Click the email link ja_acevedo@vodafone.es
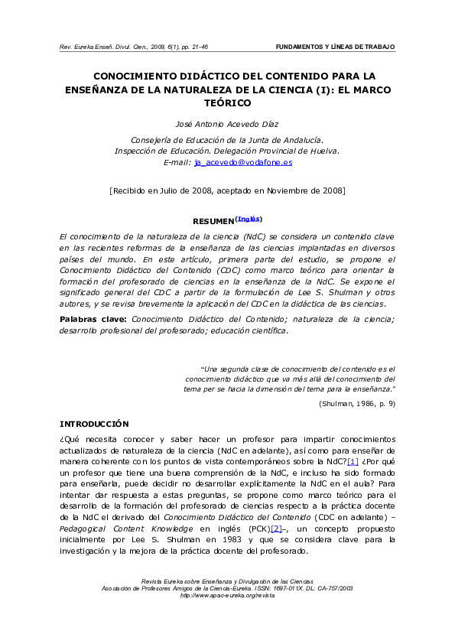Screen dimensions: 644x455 pyautogui.click(x=243, y=163)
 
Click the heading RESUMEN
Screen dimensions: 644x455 pyautogui.click(x=213, y=221)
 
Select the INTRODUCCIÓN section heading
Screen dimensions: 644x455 pyautogui.click(x=94, y=424)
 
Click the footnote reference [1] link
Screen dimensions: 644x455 pyautogui.click(x=353, y=462)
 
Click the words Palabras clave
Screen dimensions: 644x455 pyautogui.click(x=93, y=318)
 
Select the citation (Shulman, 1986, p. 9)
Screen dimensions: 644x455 pyautogui.click(x=357, y=403)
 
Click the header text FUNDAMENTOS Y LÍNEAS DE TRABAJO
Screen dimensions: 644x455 pyautogui.click(x=335, y=47)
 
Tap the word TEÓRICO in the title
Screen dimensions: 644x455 pyautogui.click(x=227, y=102)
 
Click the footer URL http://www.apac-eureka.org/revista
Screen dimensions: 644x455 pyautogui.click(x=227, y=595)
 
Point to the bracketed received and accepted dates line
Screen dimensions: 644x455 pyautogui.click(x=227, y=190)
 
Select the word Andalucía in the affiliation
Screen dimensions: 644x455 pyautogui.click(x=297, y=139)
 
